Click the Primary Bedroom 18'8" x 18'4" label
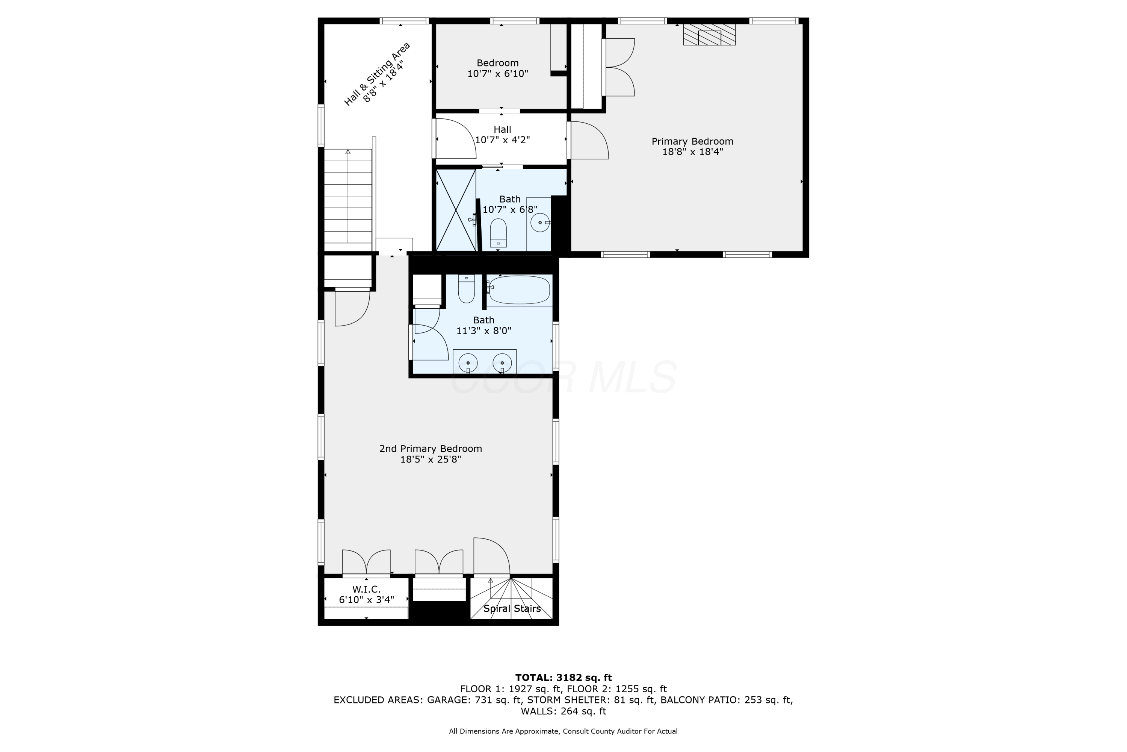(692, 146)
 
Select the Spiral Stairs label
(512, 609)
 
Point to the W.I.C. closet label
(366, 594)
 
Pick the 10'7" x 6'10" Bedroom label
(497, 68)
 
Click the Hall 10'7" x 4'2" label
(502, 135)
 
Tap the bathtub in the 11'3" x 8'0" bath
(519, 290)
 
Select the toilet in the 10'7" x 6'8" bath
(499, 233)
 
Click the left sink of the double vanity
(468, 363)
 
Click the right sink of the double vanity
(502, 363)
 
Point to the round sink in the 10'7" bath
(540, 223)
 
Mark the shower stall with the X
(456, 209)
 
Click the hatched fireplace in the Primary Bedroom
(709, 35)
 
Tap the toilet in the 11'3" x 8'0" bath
(466, 289)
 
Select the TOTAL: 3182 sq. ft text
(563, 678)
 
